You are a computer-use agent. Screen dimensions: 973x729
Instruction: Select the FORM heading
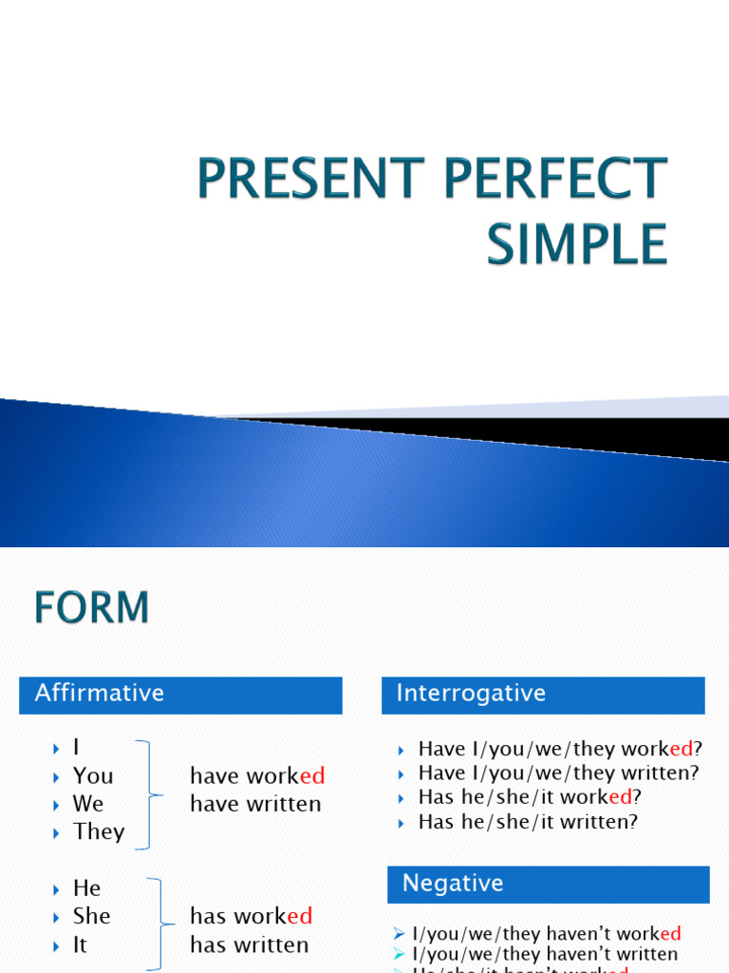click(x=92, y=608)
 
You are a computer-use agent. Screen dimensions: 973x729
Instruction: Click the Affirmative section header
click(x=100, y=694)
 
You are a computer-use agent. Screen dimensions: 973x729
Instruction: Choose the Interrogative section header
click(x=471, y=694)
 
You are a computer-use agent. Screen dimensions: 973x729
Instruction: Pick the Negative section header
click(x=453, y=884)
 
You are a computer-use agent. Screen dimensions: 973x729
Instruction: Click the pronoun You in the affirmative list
click(x=93, y=776)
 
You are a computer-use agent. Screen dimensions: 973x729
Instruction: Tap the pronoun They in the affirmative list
click(x=99, y=831)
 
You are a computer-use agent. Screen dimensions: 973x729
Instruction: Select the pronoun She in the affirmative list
click(x=92, y=916)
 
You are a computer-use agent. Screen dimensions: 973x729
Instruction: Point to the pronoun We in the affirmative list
click(x=88, y=804)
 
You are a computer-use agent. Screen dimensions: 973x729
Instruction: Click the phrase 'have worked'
click(x=257, y=776)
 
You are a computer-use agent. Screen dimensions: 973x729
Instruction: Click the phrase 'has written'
click(x=249, y=944)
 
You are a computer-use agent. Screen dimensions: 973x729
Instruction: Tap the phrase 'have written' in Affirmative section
click(x=255, y=804)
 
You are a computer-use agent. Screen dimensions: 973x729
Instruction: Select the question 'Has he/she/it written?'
click(x=528, y=822)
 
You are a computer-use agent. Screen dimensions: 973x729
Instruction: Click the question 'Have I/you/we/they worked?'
click(x=560, y=749)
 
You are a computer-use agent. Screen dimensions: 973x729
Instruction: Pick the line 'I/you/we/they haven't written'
click(x=545, y=954)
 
